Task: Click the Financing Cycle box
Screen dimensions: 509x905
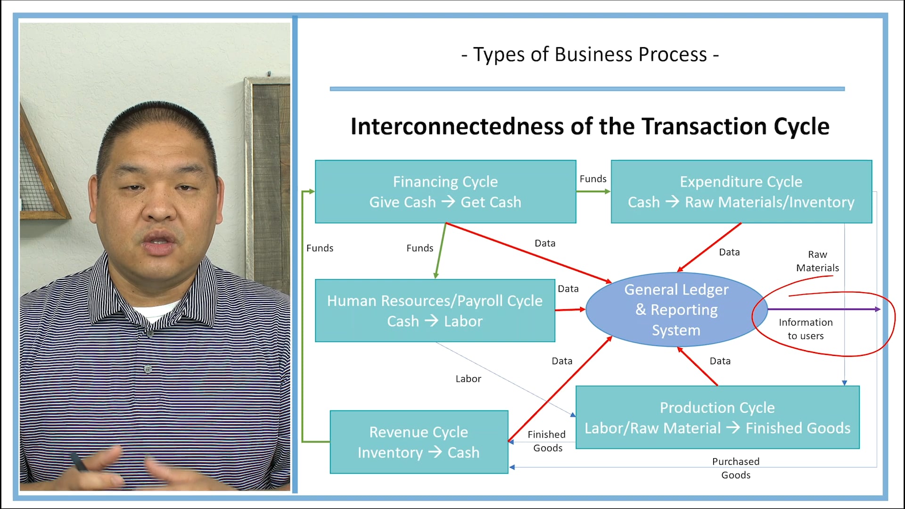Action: (445, 191)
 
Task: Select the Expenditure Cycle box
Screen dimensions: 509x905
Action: (741, 191)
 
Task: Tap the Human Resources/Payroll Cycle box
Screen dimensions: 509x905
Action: (435, 311)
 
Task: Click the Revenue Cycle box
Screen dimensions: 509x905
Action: (419, 442)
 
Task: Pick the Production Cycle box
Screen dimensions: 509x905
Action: (717, 418)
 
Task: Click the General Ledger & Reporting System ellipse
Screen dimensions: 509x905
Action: (676, 310)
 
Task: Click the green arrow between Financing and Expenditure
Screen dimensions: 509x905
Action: (593, 191)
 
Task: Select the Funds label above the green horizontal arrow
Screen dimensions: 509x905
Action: (592, 179)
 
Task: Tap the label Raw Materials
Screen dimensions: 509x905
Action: (817, 261)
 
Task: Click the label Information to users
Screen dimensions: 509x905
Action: (806, 329)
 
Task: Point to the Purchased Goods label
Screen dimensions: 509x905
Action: (735, 468)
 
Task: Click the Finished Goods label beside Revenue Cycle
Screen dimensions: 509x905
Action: (547, 441)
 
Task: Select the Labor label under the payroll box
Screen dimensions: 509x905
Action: (468, 379)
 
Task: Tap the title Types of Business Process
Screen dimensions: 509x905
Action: (590, 55)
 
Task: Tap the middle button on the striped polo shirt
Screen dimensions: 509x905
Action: (148, 369)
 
